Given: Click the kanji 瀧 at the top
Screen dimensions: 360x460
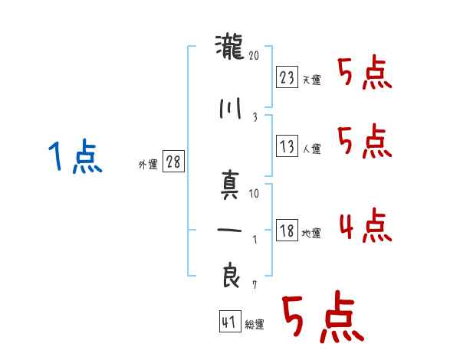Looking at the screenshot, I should (230, 49).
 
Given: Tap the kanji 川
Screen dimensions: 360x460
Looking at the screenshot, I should (230, 108).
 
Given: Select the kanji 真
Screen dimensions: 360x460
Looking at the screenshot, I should (230, 186).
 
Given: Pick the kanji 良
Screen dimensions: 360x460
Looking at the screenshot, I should (230, 277).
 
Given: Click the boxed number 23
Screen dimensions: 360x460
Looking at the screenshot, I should (287, 77).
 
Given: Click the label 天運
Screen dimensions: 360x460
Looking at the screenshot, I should (311, 80).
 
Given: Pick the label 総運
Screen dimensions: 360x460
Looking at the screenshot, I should (254, 325).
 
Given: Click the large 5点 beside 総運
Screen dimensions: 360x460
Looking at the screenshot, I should (321, 319).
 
